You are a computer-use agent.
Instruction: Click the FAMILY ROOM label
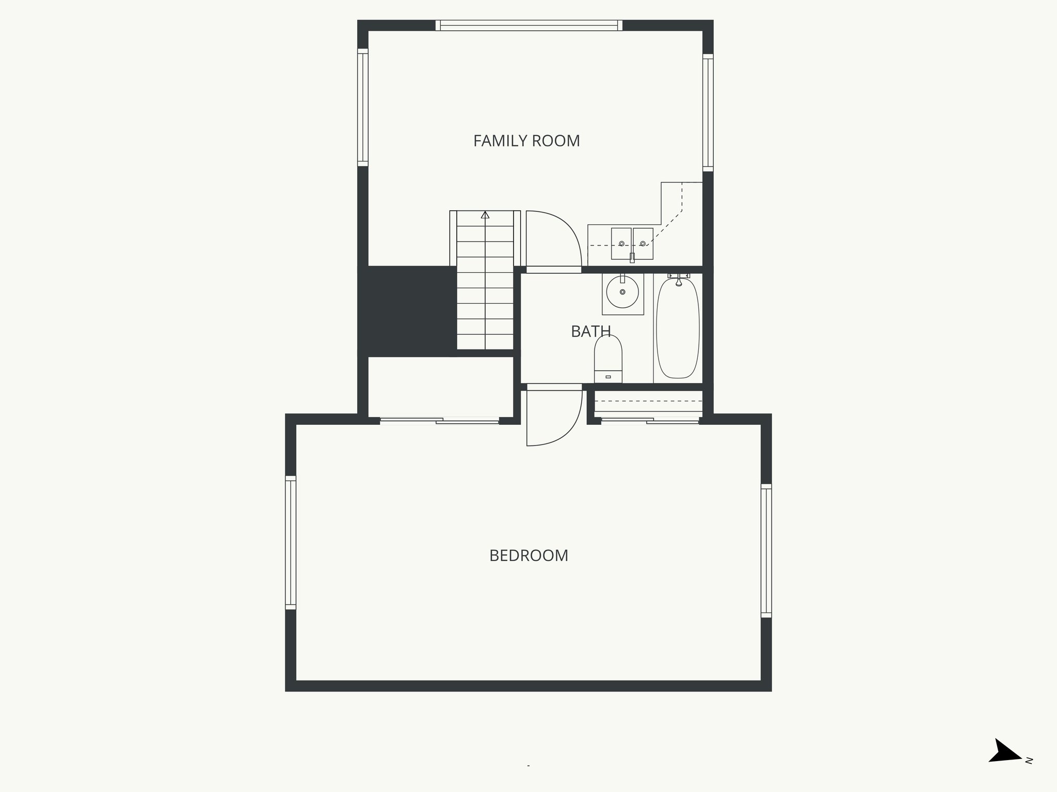pyautogui.click(x=526, y=141)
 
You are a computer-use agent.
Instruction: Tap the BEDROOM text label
pyautogui.click(x=528, y=555)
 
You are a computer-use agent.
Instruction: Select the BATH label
pyautogui.click(x=590, y=331)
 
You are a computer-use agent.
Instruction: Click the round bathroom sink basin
pyautogui.click(x=622, y=292)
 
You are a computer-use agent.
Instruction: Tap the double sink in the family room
pyautogui.click(x=632, y=243)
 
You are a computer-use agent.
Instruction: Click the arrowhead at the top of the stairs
pyautogui.click(x=485, y=214)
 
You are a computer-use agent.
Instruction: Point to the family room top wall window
pyautogui.click(x=529, y=25)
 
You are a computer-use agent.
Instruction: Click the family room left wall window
pyautogui.click(x=363, y=108)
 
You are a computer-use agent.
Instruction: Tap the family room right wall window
pyautogui.click(x=708, y=113)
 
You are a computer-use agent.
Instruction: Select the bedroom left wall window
pyautogui.click(x=291, y=542)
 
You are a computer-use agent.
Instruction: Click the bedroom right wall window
pyautogui.click(x=766, y=551)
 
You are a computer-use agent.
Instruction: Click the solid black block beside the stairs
pyautogui.click(x=408, y=311)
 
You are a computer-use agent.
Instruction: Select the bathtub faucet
pyautogui.click(x=679, y=280)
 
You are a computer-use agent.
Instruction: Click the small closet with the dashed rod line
pyautogui.click(x=648, y=402)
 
